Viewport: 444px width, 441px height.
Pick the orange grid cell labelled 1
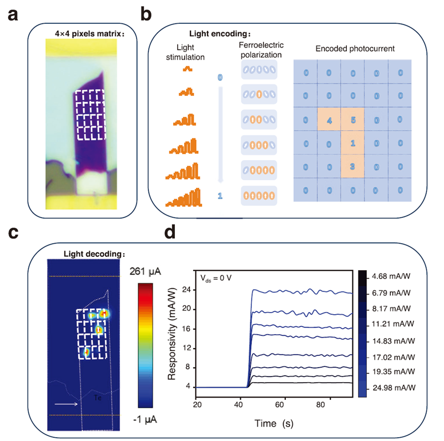tap(352, 143)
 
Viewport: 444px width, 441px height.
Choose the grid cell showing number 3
tap(352, 166)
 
